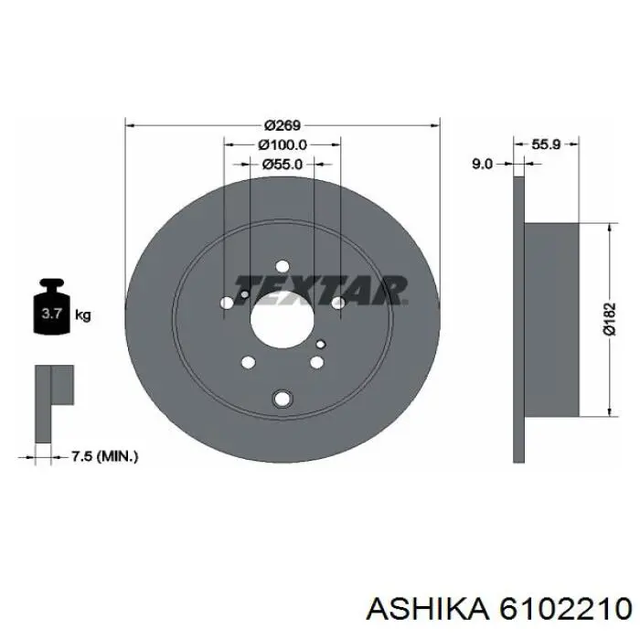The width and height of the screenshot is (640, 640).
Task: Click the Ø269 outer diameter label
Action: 283,125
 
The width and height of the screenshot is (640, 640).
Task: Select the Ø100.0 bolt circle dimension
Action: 282,144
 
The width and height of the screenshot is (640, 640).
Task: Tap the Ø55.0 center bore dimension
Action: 282,165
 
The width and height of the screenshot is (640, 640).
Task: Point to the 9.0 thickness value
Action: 483,164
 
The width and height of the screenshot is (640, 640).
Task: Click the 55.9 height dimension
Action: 546,144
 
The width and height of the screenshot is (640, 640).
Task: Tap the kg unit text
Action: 83,316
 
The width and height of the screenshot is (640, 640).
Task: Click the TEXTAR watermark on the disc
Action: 319,288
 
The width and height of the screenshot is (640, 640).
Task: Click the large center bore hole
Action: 282,323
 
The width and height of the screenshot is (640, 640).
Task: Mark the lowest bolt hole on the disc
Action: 282,398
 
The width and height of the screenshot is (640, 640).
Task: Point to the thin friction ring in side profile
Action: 518,320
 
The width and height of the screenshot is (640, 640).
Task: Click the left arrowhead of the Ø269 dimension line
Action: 129,125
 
